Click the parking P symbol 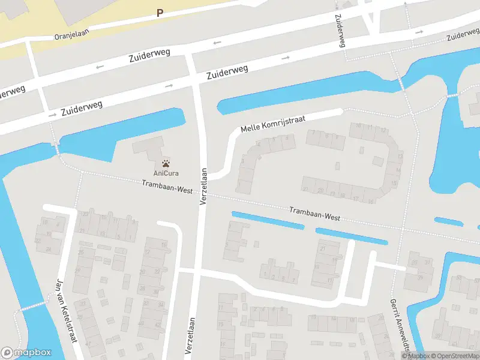[x=160, y=12]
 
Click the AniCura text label [x=166, y=173]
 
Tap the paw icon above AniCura [x=166, y=162]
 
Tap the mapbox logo [x=26, y=352]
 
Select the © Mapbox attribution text [x=416, y=356]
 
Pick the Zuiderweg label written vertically [x=339, y=30]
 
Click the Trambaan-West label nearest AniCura [x=167, y=187]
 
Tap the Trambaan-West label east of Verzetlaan [x=314, y=214]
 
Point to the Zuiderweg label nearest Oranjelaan [x=149, y=56]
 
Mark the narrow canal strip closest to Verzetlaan [x=266, y=220]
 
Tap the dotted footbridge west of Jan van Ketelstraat [x=33, y=307]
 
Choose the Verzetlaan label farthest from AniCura [x=192, y=338]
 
